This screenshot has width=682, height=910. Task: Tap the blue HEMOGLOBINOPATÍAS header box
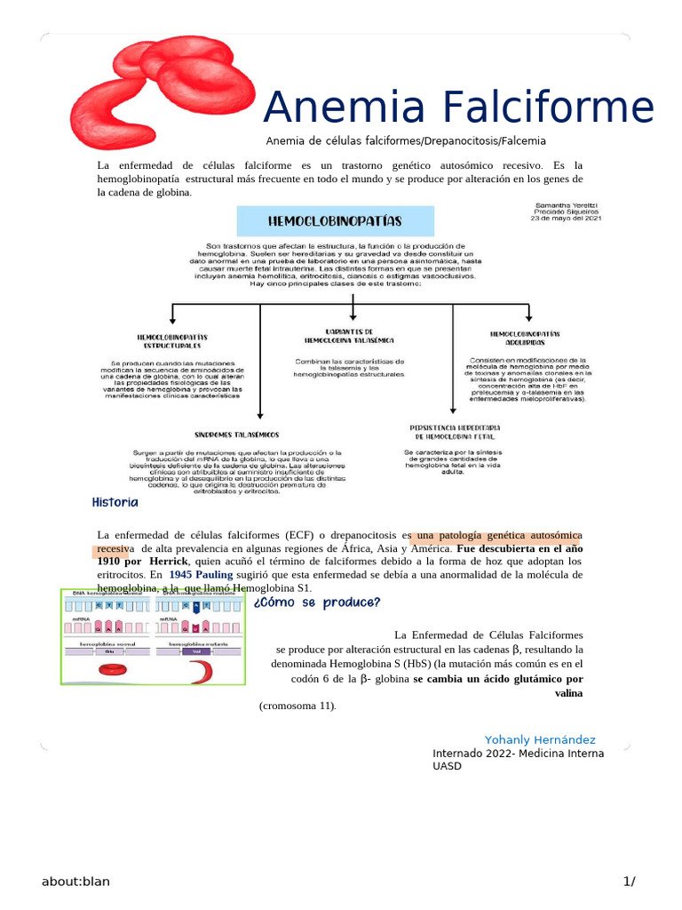click(x=335, y=221)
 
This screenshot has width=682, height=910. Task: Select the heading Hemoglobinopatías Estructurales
click(x=172, y=340)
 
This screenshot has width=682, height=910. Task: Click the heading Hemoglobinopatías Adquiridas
click(x=525, y=338)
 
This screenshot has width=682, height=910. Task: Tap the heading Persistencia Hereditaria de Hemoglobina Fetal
click(x=452, y=433)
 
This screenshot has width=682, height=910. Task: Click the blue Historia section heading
click(x=115, y=503)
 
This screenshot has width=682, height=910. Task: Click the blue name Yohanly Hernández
click(x=540, y=740)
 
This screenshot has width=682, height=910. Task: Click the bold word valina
click(x=568, y=692)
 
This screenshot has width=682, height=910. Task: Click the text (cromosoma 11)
click(x=297, y=706)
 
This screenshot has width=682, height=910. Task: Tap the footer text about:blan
click(x=75, y=882)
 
